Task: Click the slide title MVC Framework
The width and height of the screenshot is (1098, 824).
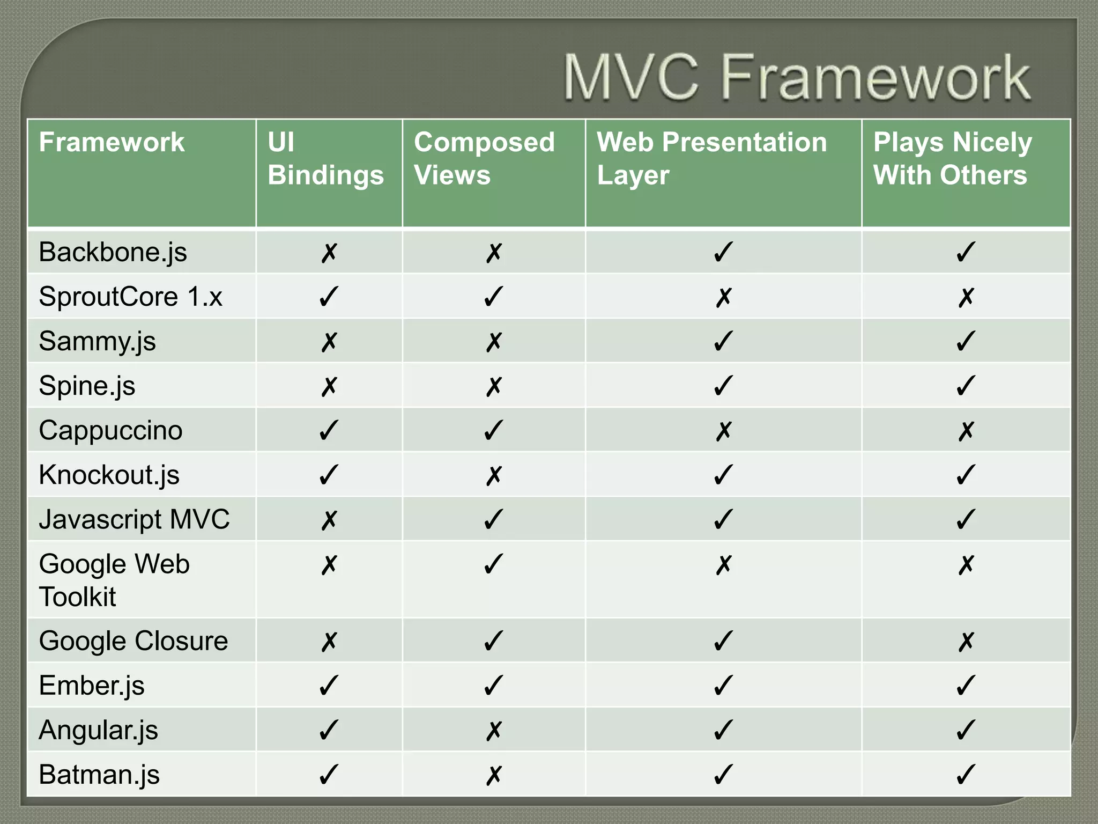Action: pos(797,78)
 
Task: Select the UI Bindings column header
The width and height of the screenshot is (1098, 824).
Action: pos(325,159)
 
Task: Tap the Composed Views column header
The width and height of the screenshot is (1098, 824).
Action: pos(484,159)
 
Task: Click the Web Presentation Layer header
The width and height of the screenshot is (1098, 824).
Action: pos(711,159)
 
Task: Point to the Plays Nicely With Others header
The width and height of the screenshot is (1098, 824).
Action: pos(952,159)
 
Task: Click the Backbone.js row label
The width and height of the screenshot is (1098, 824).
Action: pos(113,252)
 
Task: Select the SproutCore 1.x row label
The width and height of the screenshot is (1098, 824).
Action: pos(130,297)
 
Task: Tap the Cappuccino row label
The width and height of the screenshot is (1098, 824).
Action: pos(110,430)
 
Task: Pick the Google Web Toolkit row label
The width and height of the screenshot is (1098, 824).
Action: pos(114,580)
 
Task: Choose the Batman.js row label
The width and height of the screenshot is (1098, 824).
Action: pos(99,775)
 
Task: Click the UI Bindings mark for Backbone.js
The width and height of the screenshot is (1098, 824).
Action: pos(329,252)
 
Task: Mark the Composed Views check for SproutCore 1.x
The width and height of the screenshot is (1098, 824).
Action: pos(494,297)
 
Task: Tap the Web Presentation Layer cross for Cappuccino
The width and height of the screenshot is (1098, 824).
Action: pos(723,430)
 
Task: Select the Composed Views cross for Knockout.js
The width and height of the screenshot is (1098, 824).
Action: pos(494,475)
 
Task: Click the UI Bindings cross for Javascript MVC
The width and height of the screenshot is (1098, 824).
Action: pos(329,520)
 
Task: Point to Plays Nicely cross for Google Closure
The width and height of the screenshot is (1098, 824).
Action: pos(966,641)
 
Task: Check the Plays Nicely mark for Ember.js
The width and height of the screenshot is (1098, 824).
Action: pos(966,686)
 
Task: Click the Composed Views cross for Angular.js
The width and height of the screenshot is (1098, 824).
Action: pos(494,730)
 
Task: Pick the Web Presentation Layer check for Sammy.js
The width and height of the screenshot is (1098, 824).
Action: pos(723,341)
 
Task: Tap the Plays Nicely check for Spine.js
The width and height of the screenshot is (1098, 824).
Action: pos(966,386)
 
